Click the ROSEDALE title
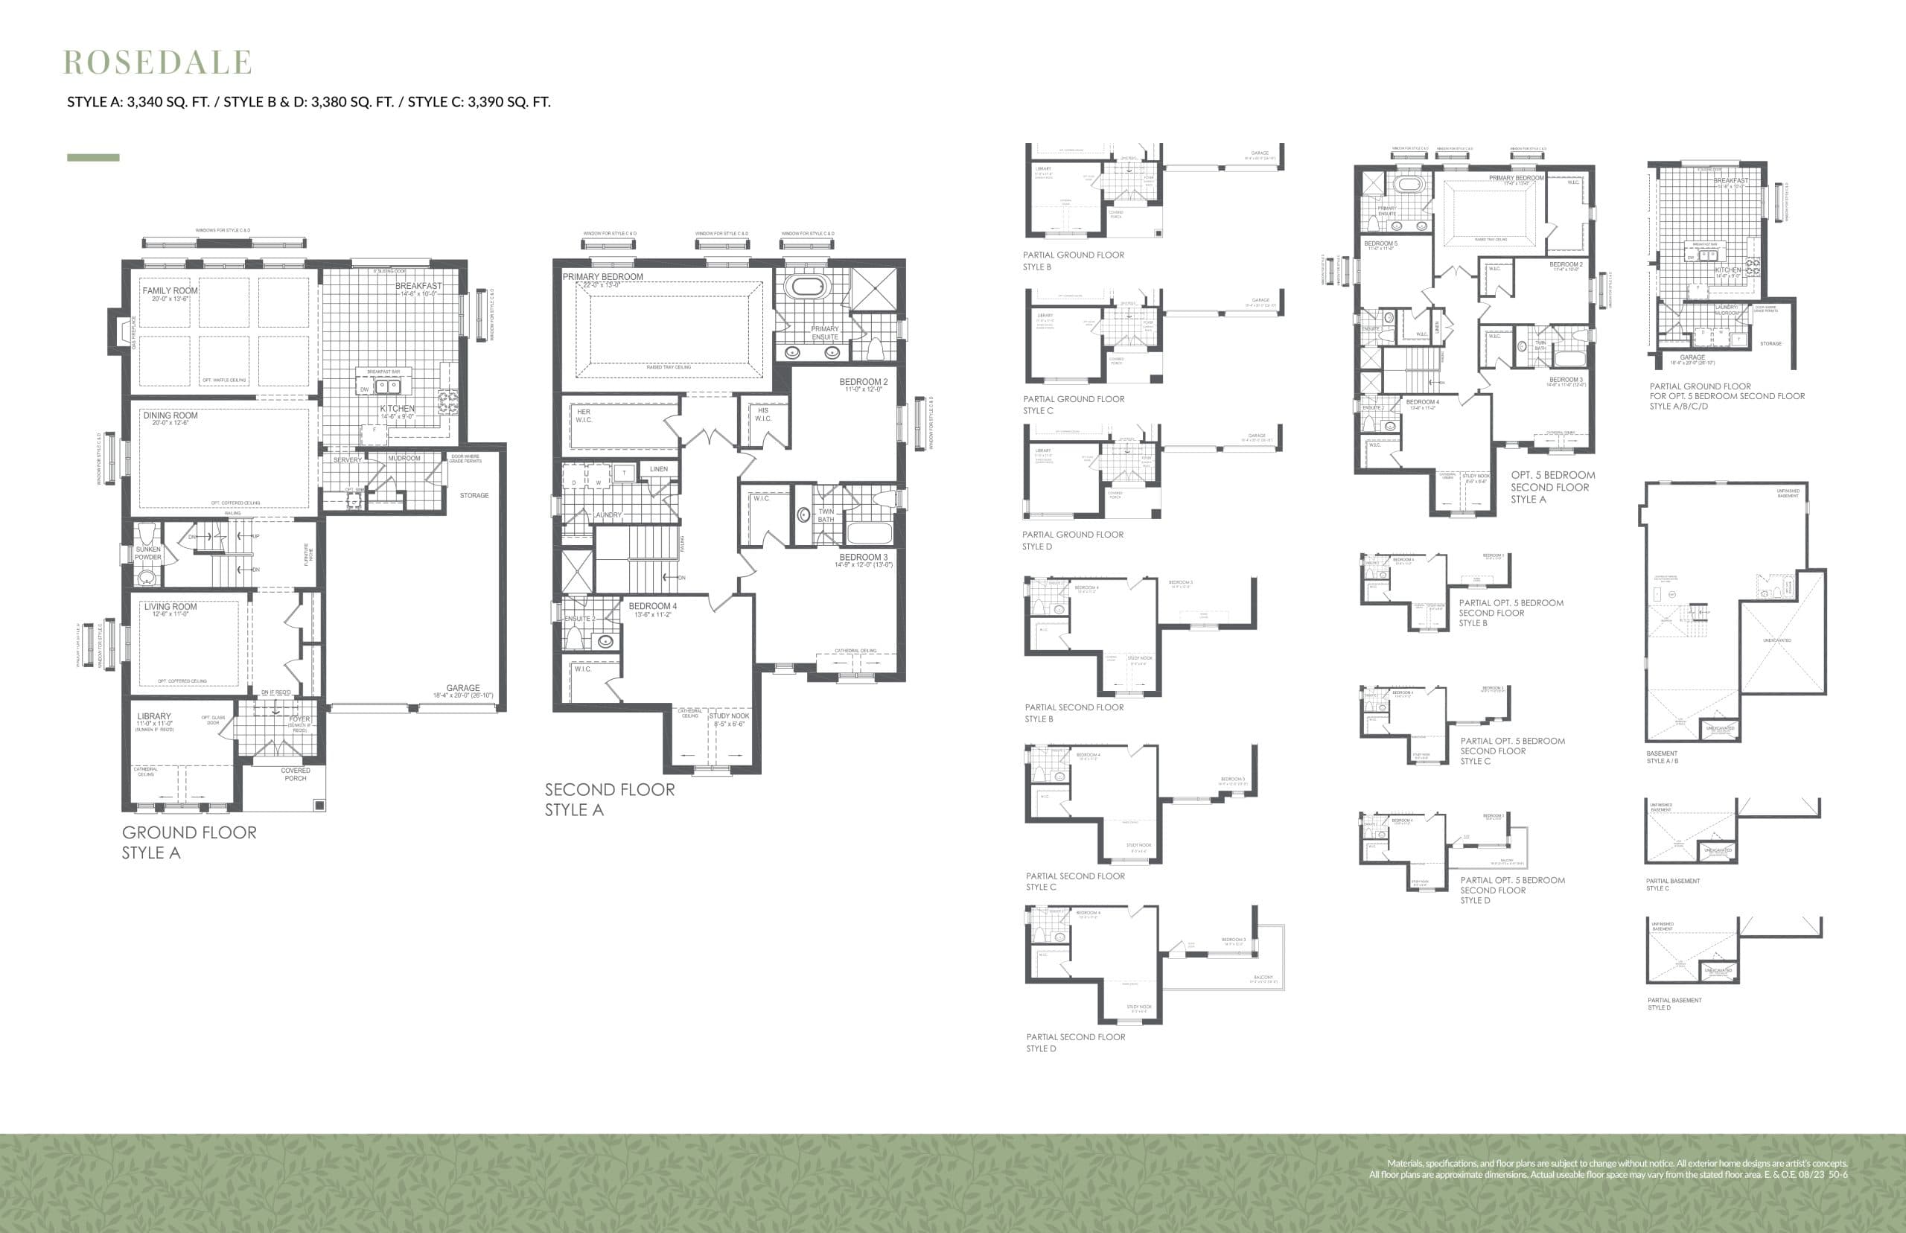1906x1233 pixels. click(x=158, y=63)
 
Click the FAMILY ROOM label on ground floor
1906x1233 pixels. click(x=170, y=291)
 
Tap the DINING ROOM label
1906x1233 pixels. click(x=170, y=415)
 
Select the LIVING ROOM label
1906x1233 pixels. click(x=170, y=607)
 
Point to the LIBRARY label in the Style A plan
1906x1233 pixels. click(x=153, y=716)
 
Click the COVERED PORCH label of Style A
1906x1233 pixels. click(x=296, y=774)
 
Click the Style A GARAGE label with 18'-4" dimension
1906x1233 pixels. click(x=462, y=689)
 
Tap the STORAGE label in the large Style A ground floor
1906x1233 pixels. click(x=474, y=496)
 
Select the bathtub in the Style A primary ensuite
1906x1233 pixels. click(x=809, y=287)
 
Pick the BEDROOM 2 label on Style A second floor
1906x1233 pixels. click(x=863, y=383)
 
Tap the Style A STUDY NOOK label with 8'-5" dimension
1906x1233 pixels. click(x=729, y=716)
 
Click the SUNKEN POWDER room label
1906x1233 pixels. click(x=148, y=553)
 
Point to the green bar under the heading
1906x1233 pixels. click(x=93, y=158)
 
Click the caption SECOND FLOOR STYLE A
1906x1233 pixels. click(x=609, y=799)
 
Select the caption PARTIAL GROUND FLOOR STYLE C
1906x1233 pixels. click(x=1073, y=404)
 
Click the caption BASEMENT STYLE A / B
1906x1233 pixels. click(x=1662, y=756)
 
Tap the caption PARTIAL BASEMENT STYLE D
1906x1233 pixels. click(x=1674, y=1003)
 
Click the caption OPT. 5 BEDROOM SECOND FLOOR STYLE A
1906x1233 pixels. click(x=1552, y=487)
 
